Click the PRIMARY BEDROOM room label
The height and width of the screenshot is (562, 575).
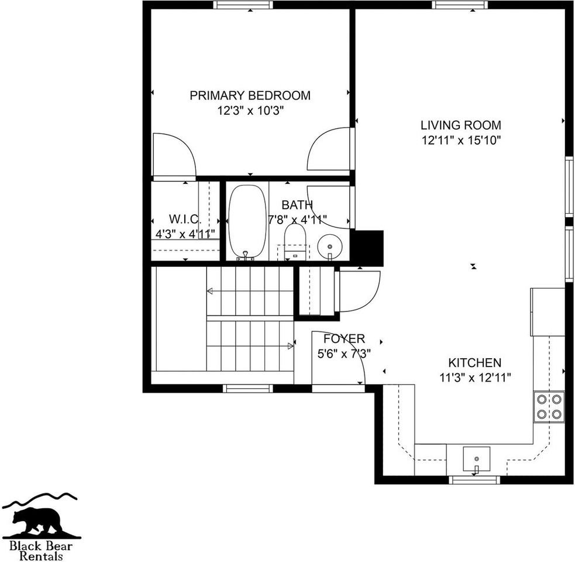coord(250,95)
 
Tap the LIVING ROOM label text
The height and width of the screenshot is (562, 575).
coord(461,125)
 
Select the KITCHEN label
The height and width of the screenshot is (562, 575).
coord(474,362)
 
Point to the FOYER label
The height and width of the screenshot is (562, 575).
coord(344,338)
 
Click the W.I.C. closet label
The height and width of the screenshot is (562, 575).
coord(185,219)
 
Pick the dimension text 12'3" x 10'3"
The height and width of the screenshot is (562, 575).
coord(250,111)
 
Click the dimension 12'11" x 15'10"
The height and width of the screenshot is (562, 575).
coord(461,140)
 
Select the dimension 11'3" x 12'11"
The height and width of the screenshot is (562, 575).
coord(474,378)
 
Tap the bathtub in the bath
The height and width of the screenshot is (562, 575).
coord(247,221)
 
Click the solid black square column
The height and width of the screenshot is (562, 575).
coord(367,248)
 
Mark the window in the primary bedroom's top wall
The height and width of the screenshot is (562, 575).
coord(243,5)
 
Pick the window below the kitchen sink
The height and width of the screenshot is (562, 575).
coord(474,480)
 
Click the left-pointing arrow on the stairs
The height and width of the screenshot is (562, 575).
coord(211,291)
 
